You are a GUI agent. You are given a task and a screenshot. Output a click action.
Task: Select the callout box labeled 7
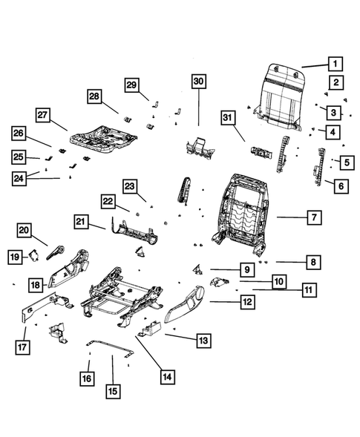[315, 217]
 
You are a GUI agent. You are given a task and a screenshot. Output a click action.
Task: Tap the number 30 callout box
[198, 82]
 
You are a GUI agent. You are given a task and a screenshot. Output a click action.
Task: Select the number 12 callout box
[247, 302]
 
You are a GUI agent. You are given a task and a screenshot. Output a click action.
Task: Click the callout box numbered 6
[340, 187]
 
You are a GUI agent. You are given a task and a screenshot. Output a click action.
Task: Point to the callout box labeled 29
[131, 85]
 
